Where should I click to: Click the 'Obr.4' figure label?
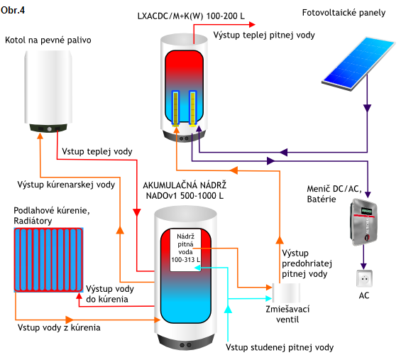(13, 10)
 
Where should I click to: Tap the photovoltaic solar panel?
(358, 63)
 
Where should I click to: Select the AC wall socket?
(364, 278)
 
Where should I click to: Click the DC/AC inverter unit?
(363, 222)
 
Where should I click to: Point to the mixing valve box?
(286, 293)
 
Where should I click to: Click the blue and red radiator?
(48, 260)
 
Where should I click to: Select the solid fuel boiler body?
(48, 91)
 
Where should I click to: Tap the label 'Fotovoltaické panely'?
(344, 13)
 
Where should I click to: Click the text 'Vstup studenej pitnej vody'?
(280, 347)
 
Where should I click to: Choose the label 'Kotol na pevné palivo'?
(48, 40)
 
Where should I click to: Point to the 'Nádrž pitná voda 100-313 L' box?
(185, 250)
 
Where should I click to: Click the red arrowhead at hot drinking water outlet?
(252, 25)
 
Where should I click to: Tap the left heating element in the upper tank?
(175, 108)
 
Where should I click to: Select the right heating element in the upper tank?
(192, 108)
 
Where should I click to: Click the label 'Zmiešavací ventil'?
(287, 314)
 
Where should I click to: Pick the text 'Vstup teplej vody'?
(97, 151)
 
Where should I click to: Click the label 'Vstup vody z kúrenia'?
(59, 327)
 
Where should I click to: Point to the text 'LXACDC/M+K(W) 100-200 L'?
(191, 16)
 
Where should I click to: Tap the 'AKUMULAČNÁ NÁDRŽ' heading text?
(185, 185)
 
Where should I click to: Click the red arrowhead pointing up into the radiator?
(79, 296)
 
